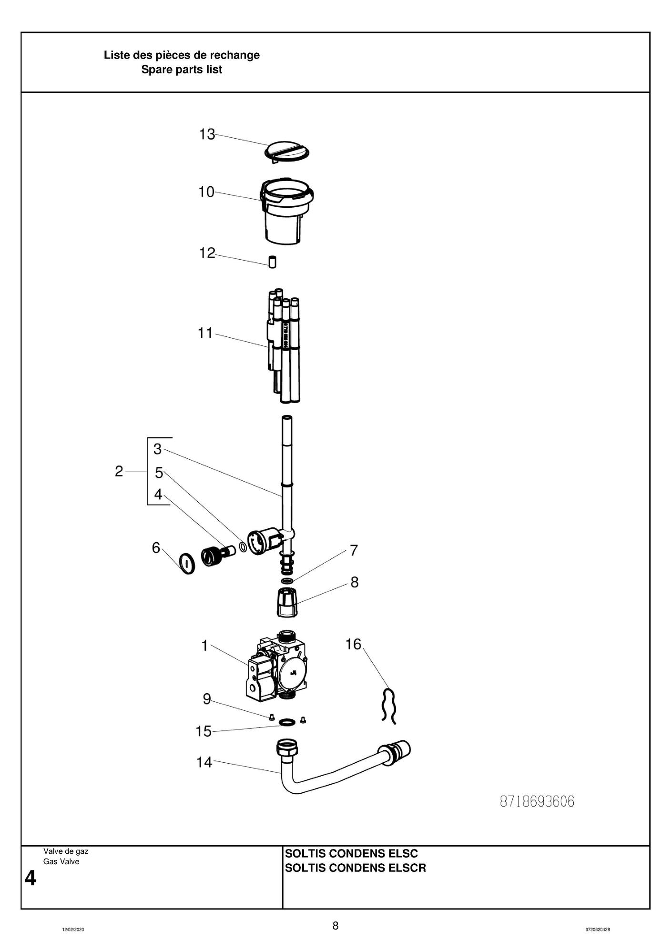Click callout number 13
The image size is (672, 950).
[207, 134]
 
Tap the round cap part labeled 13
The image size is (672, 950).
[287, 152]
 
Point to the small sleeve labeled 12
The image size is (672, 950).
[272, 262]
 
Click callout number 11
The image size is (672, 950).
[205, 333]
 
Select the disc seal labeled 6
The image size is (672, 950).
[187, 564]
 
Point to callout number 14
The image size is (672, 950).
[204, 762]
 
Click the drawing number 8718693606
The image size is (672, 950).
[537, 802]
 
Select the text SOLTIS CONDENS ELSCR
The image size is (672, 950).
[355, 868]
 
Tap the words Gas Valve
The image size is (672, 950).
[61, 861]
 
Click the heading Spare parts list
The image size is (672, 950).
[182, 70]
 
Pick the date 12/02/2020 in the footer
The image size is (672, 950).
[73, 930]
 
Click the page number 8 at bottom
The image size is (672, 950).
[336, 926]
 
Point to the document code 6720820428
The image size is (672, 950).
[598, 930]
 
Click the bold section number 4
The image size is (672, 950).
[30, 878]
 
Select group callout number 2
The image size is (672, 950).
[119, 471]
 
